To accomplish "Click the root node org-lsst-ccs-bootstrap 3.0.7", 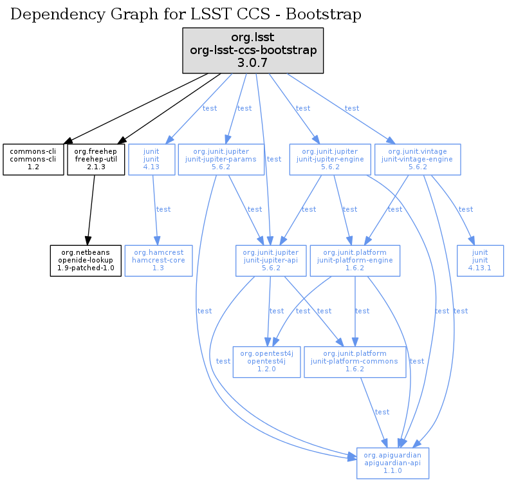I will pyautogui.click(x=252, y=50).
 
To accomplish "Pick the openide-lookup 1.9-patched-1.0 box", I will pyautogui.click(x=86, y=260).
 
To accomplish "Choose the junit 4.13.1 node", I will pyautogui.click(x=480, y=260).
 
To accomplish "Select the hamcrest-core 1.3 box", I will pyautogui.click(x=158, y=260).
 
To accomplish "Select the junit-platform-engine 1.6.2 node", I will pyautogui.click(x=355, y=260).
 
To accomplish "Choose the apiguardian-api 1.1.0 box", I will pyautogui.click(x=392, y=463).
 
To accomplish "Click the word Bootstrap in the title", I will pyautogui.click(x=327, y=14).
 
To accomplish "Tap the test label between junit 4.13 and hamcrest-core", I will pyautogui.click(x=163, y=209).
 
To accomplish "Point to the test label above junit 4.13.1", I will pyautogui.click(x=465, y=209).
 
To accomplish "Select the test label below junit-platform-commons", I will pyautogui.click(x=382, y=412).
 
